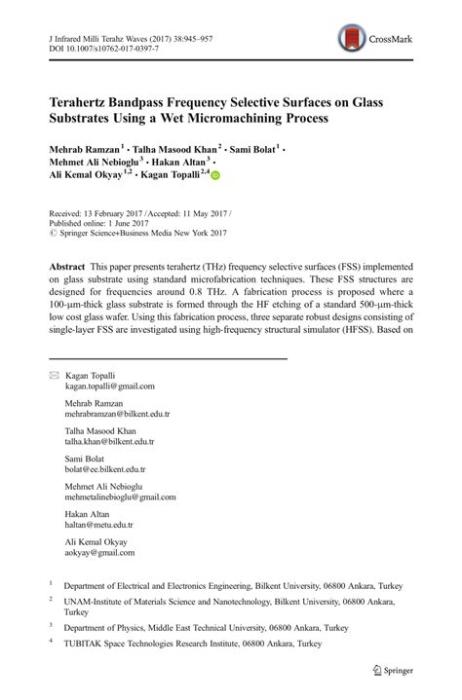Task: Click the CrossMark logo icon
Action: (x=353, y=39)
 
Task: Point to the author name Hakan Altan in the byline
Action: (x=190, y=162)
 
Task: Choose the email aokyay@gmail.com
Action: (x=99, y=553)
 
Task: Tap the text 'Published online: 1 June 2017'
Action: (x=102, y=223)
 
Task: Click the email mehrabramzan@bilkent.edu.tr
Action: (x=117, y=414)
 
